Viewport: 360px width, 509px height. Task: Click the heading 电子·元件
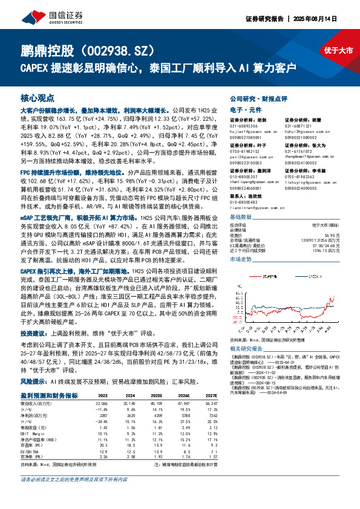244,110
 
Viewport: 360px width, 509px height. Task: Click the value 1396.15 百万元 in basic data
327,250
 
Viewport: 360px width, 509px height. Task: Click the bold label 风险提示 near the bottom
33,382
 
